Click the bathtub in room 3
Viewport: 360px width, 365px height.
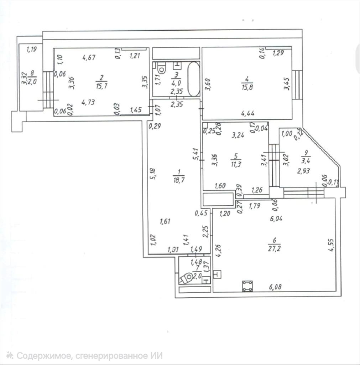193,79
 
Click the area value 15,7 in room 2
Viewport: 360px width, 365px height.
102,86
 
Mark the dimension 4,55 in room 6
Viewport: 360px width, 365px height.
332,245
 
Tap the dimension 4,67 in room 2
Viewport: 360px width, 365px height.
89,57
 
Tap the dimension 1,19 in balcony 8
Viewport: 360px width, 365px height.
32,50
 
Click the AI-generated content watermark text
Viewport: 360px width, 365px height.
85,356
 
